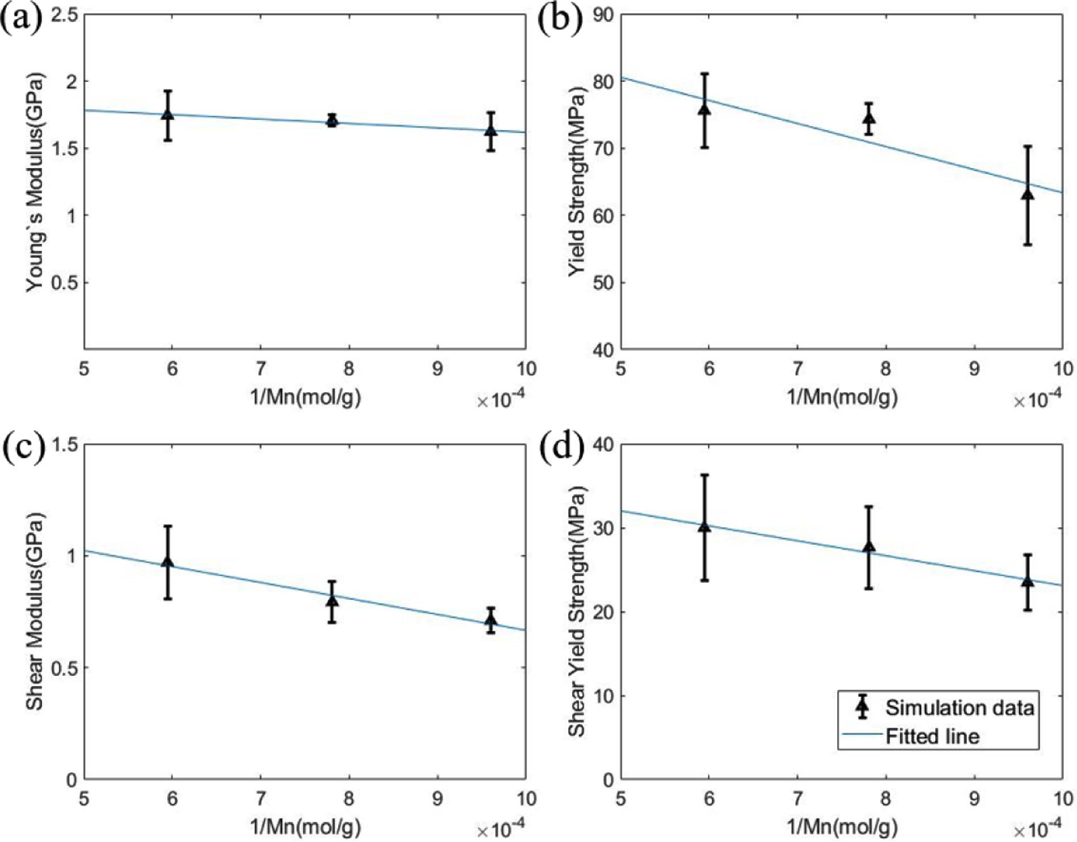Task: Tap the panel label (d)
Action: click(561, 448)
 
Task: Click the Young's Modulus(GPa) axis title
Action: click(35, 182)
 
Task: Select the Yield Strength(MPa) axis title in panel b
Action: click(576, 181)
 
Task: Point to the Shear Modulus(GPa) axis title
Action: click(35, 611)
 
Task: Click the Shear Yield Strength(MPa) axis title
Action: click(576, 611)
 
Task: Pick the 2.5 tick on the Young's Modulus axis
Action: click(64, 15)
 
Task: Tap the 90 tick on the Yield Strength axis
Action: click(603, 15)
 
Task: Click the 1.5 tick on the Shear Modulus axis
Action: click(64, 444)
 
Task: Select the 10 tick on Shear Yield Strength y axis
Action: click(603, 696)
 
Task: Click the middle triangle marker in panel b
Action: click(869, 118)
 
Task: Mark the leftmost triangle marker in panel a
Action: click(168, 114)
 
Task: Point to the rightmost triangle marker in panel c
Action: click(491, 620)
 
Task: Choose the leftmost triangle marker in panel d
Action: click(704, 526)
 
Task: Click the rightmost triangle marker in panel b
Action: click(1027, 194)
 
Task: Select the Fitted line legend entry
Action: click(932, 737)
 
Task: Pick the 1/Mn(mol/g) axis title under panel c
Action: click(305, 826)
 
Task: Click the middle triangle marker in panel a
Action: click(332, 121)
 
